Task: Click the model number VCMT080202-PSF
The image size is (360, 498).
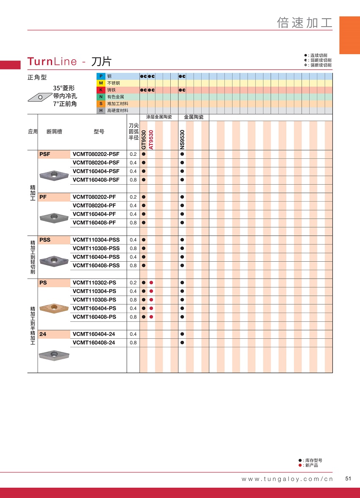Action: pos(96,154)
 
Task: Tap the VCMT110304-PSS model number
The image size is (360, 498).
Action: pos(96,240)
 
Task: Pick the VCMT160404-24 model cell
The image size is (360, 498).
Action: pos(94,334)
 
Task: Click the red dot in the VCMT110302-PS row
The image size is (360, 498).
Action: pos(151,282)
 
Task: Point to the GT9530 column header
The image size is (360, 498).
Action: pos(143,139)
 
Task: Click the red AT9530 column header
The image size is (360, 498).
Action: pos(151,139)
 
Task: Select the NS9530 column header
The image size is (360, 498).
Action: pos(183,139)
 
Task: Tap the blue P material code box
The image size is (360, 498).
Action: pos(101,76)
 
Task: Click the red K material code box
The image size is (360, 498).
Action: pos(101,90)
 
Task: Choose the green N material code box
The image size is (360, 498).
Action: pos(101,97)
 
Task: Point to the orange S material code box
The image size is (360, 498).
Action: pos(101,104)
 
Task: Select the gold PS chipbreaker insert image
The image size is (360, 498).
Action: pos(54,307)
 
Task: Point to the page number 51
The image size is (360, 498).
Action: pos(349,479)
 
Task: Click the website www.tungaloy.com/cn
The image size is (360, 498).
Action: pos(287,479)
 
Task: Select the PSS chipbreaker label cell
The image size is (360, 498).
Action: pos(54,240)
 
